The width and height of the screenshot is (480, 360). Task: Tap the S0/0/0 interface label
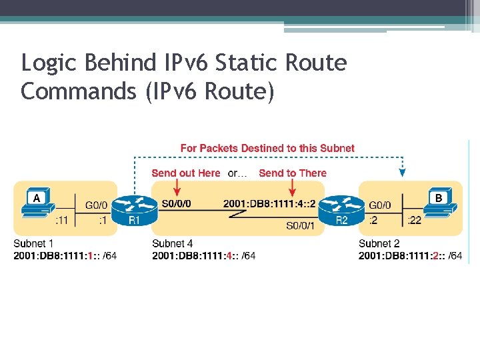[x=176, y=203]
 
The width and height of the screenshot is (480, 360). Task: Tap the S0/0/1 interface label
[x=300, y=226]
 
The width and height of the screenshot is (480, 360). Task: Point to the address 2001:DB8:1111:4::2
[x=269, y=203]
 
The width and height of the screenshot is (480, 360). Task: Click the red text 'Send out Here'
[x=185, y=173]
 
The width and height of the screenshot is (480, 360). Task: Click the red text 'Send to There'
[x=293, y=173]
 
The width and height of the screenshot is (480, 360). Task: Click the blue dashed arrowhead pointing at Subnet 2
[x=402, y=173]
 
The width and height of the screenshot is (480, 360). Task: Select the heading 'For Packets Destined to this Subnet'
[x=267, y=148]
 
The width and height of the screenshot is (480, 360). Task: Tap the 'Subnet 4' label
[x=172, y=244]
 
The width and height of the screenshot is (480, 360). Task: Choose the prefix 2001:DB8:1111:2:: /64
[x=410, y=256]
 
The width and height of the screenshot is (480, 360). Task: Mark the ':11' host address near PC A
[x=61, y=221]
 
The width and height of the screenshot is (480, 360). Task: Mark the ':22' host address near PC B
[x=414, y=221]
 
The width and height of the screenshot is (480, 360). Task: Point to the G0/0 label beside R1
[x=95, y=205]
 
